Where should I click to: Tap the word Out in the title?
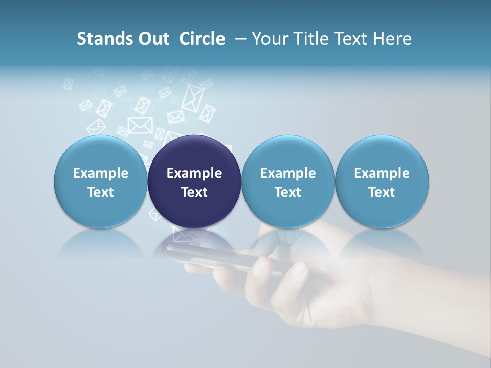coord(153,39)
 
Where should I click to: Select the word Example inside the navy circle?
coord(194,173)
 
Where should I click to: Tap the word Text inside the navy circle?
coord(194,192)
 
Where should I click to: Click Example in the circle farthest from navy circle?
coord(382,173)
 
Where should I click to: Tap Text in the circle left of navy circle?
coord(101,192)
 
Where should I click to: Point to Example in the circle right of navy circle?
coord(288,173)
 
